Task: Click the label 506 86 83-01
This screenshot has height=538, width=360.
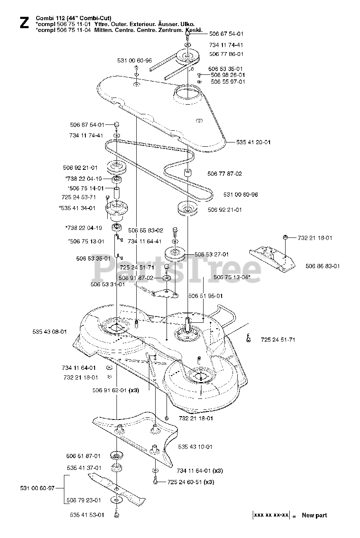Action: [323, 266]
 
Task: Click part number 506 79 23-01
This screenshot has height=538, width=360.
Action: [84, 500]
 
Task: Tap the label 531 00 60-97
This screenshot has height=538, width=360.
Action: [37, 488]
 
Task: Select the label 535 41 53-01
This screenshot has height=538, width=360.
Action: [87, 514]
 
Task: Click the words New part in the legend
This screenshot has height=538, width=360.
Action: [314, 515]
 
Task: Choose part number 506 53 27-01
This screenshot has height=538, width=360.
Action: [212, 254]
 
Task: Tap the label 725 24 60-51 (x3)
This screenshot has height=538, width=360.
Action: [191, 482]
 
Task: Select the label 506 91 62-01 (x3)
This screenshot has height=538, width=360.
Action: [116, 390]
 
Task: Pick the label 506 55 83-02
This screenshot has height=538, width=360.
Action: [146, 230]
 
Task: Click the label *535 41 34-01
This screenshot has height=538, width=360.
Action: [77, 208]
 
